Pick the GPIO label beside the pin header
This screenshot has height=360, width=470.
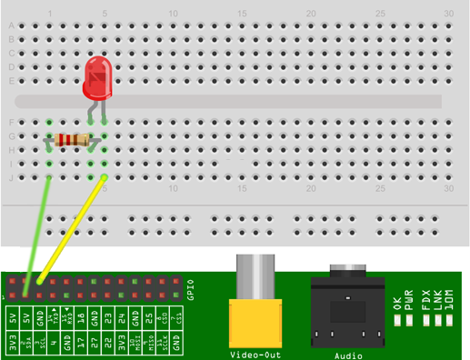click(190, 287)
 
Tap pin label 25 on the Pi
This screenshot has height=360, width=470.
click(148, 317)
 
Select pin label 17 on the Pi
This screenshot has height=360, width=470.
click(67, 317)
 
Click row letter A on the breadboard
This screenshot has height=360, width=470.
click(11, 25)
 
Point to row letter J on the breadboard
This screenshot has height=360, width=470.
click(11, 178)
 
